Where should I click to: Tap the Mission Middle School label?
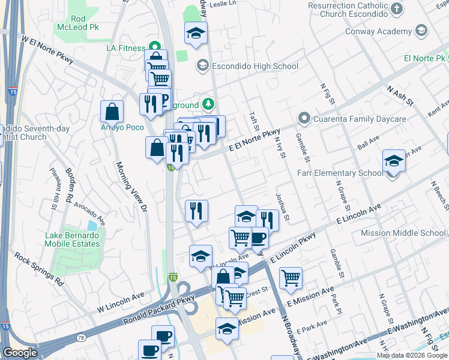click(412, 233)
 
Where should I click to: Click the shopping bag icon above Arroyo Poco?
click(112, 112)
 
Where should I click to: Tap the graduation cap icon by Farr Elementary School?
click(394, 161)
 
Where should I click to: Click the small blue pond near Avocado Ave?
click(91, 226)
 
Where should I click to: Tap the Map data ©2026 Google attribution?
click(411, 355)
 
